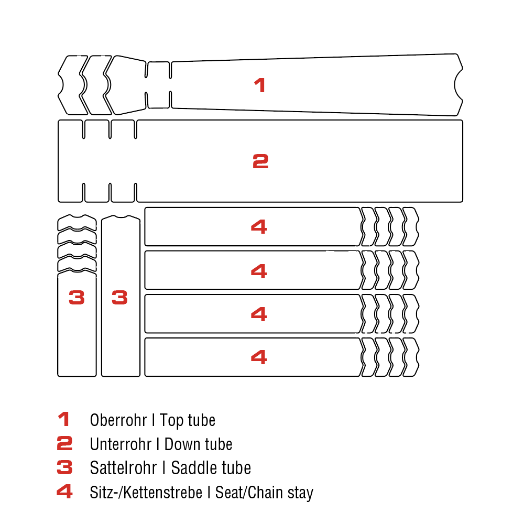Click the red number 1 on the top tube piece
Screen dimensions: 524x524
click(260, 85)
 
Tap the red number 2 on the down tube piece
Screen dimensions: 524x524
click(260, 161)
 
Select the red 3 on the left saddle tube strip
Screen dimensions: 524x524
click(77, 298)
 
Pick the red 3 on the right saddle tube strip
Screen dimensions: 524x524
click(119, 298)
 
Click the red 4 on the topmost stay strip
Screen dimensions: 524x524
click(259, 226)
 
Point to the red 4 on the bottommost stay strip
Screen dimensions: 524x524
click(259, 357)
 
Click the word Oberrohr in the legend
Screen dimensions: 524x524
click(118, 420)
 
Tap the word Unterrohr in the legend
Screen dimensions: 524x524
click(121, 444)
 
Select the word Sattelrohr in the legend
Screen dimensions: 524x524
click(123, 468)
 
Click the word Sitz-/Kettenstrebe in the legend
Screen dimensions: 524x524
click(146, 492)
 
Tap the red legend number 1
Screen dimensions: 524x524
click(63, 419)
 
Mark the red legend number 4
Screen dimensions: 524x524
click(64, 492)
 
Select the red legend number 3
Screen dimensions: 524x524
click(64, 467)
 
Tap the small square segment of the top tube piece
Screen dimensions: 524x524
click(158, 85)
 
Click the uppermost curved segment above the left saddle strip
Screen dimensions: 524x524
click(77, 223)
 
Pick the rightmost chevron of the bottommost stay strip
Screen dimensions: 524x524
click(411, 357)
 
